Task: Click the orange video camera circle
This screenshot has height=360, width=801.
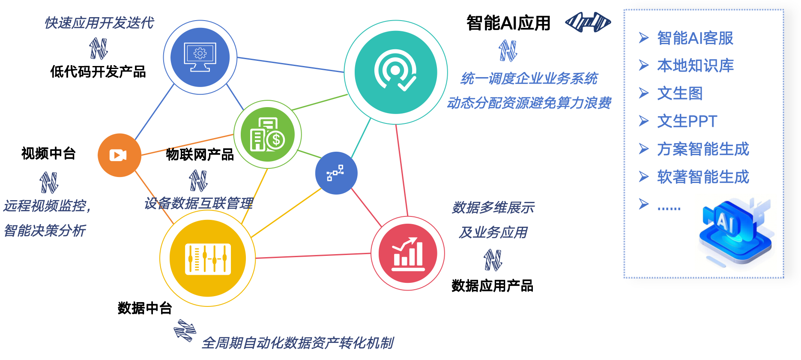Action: click(x=120, y=155)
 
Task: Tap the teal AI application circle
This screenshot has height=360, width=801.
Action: click(x=396, y=72)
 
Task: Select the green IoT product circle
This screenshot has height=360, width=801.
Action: click(x=268, y=135)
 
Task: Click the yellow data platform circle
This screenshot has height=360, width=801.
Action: click(x=208, y=258)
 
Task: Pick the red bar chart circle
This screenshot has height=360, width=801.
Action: click(x=408, y=253)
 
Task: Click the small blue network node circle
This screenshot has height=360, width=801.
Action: click(x=336, y=173)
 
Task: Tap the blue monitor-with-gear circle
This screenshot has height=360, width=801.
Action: click(x=200, y=57)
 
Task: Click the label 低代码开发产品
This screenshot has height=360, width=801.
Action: click(x=98, y=72)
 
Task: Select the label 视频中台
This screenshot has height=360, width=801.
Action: click(x=48, y=153)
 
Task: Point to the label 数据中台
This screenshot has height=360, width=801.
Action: click(x=145, y=308)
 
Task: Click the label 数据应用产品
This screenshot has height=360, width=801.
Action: click(x=493, y=285)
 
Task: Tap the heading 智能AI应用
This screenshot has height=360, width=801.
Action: click(x=508, y=23)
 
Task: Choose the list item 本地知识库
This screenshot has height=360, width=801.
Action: click(x=696, y=66)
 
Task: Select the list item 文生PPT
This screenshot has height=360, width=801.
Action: click(x=687, y=121)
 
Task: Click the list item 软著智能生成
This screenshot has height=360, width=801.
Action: click(x=703, y=177)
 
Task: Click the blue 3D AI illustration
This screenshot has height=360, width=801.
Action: click(x=736, y=232)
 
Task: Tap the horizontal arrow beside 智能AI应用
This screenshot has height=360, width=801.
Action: click(x=588, y=22)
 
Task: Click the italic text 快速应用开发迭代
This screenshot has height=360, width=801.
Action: click(x=99, y=23)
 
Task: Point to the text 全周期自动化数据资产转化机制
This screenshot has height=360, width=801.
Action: click(x=298, y=343)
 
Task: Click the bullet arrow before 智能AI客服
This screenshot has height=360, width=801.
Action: click(x=644, y=38)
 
